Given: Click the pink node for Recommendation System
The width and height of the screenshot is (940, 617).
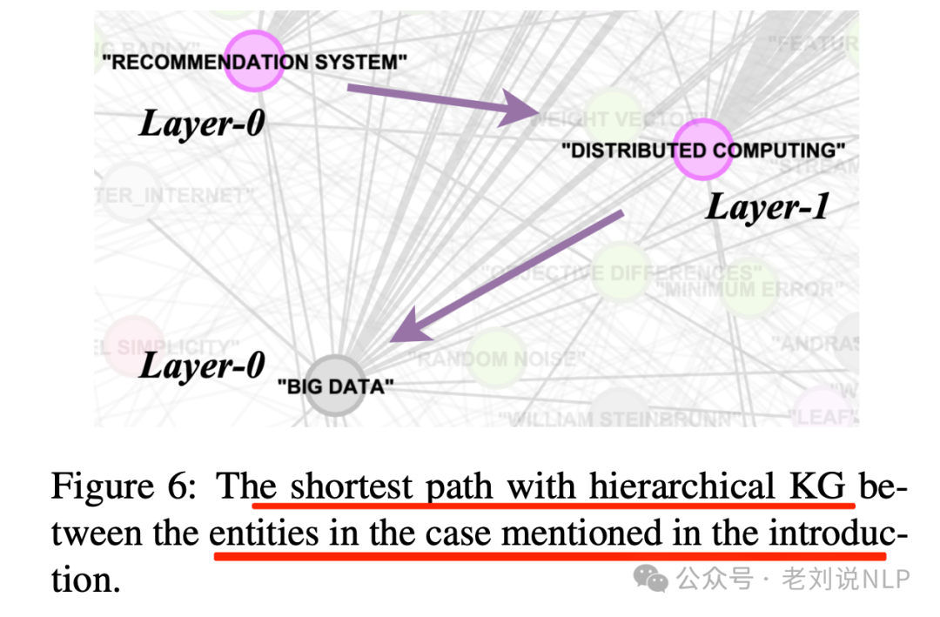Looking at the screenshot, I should click(x=254, y=60).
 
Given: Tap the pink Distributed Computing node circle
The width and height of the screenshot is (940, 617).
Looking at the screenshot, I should click(x=702, y=149).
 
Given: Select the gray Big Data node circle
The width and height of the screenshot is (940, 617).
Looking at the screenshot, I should click(x=336, y=384).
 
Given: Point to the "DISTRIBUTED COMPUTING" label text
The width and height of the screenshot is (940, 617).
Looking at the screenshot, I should click(x=703, y=151).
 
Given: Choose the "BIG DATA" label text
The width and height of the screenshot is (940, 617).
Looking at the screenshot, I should click(x=335, y=386).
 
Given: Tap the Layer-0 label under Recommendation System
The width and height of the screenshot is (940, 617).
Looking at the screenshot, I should click(x=202, y=124).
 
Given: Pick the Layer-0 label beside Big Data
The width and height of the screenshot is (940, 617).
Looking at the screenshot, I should click(x=202, y=365).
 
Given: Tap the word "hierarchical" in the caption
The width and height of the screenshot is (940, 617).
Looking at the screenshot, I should click(x=684, y=486).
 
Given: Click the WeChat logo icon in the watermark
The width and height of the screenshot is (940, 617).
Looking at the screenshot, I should click(x=652, y=578).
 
